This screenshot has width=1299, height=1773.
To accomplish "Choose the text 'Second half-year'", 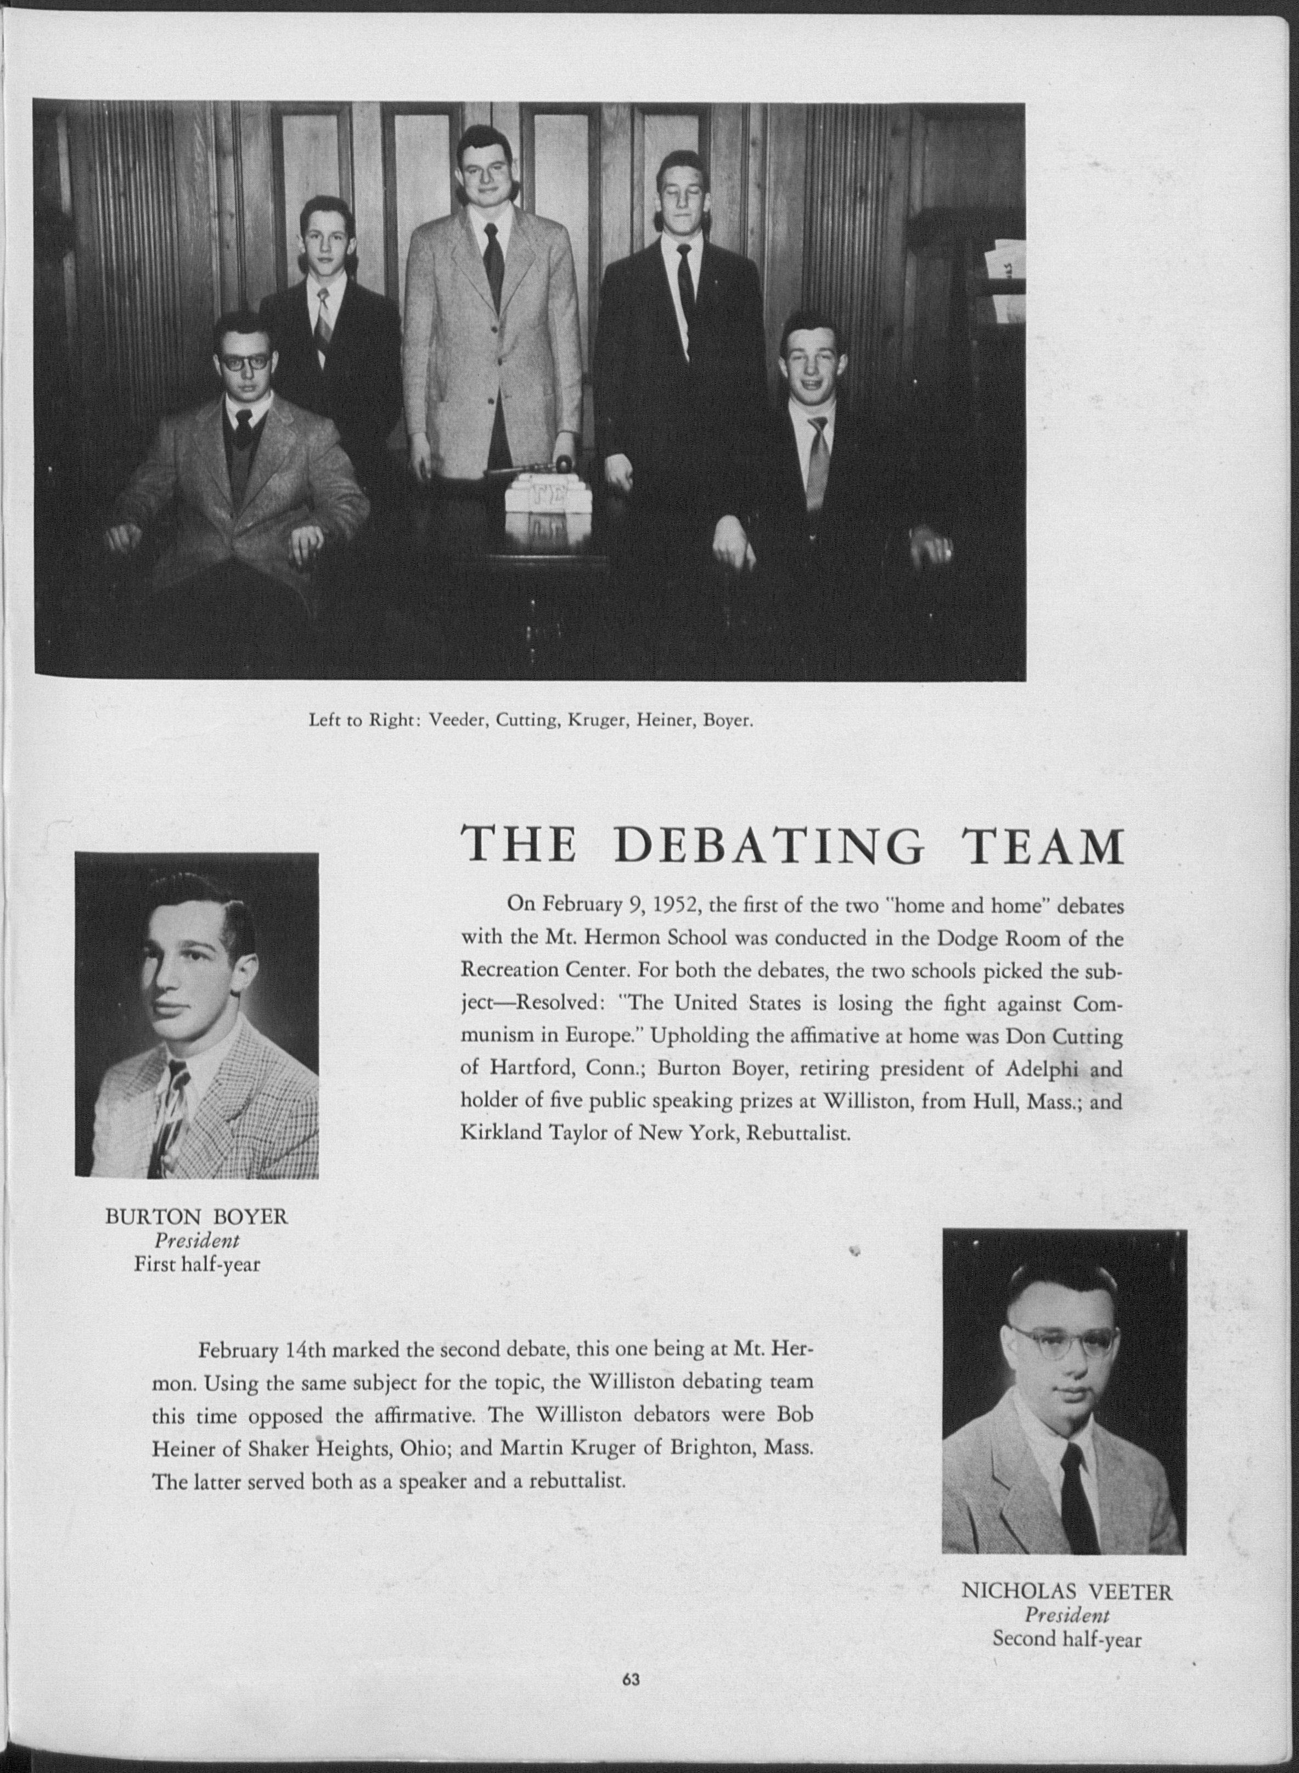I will (1067, 1617).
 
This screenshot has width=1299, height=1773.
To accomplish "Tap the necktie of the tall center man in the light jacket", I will (494, 264).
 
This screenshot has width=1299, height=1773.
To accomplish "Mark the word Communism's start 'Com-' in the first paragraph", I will (1096, 1004).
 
